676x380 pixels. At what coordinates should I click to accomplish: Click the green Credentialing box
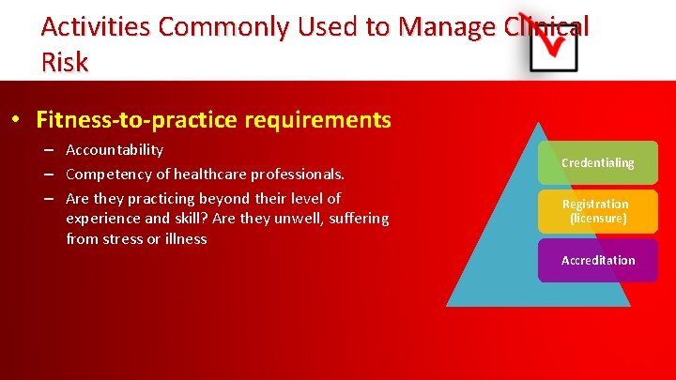tap(597, 163)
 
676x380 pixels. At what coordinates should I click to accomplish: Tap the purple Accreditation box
tap(597, 260)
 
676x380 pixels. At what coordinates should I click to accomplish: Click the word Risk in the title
tap(65, 62)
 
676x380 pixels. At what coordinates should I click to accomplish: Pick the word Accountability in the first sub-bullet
tap(115, 150)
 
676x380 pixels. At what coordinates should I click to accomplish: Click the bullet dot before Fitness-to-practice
tap(17, 121)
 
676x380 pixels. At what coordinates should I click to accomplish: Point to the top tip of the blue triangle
tap(539, 123)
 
